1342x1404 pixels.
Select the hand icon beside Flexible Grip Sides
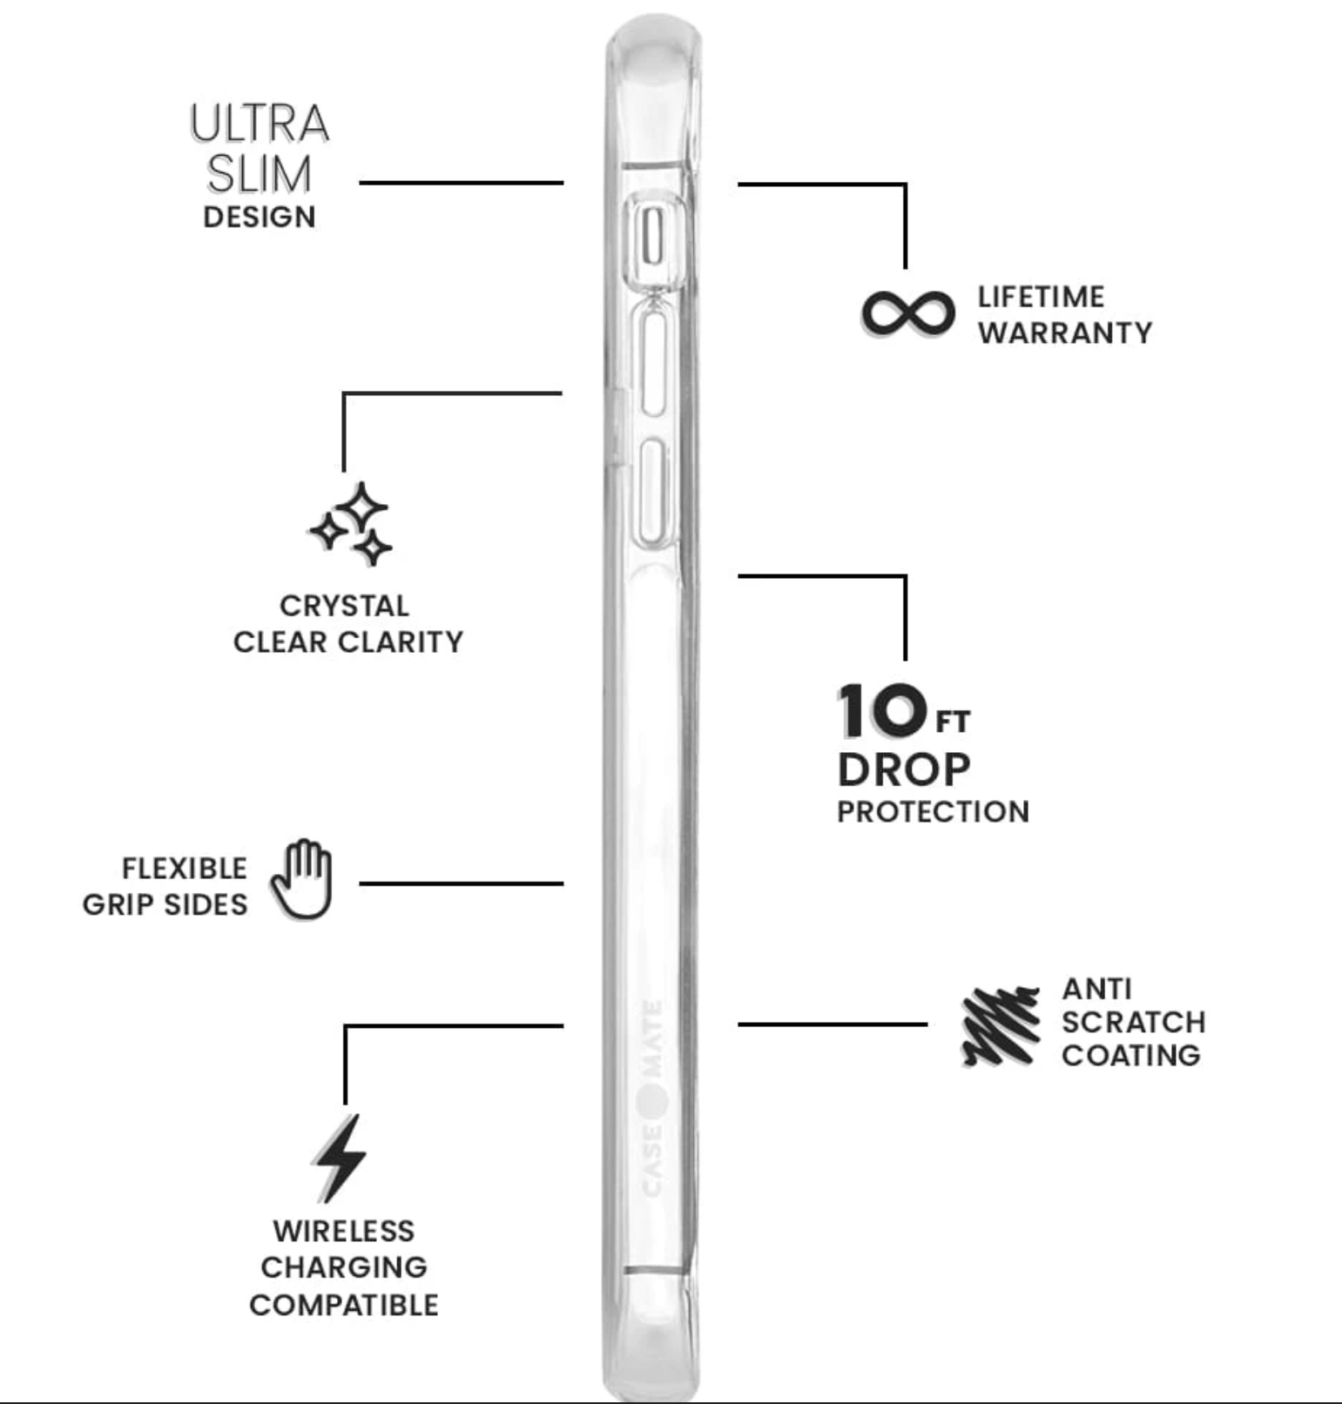click(301, 880)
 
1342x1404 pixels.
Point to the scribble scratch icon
click(1001, 1025)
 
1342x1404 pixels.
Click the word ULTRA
click(260, 124)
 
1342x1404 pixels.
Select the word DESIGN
click(260, 217)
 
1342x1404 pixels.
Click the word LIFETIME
click(1041, 297)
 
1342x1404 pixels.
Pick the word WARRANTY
click(1065, 333)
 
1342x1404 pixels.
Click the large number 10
click(882, 709)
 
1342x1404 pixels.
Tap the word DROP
click(904, 769)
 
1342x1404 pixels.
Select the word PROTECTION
click(933, 811)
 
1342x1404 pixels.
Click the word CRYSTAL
click(344, 605)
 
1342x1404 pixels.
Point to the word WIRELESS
click(344, 1231)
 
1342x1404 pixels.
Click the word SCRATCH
click(1133, 1022)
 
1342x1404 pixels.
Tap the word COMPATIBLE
click(344, 1305)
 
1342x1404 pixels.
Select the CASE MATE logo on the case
click(652, 1098)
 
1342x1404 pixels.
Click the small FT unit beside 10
click(952, 722)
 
